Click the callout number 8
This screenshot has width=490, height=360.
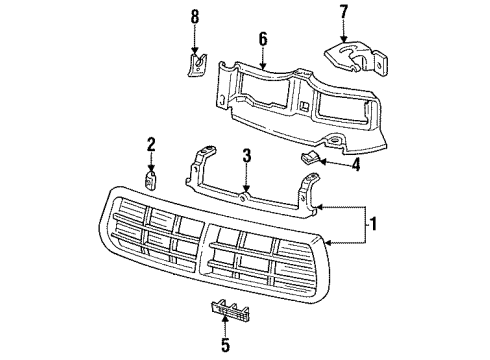tap(196, 15)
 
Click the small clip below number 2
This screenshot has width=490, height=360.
tap(152, 183)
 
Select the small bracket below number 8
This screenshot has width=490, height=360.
tap(197, 66)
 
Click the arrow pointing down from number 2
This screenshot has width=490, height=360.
tap(152, 163)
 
